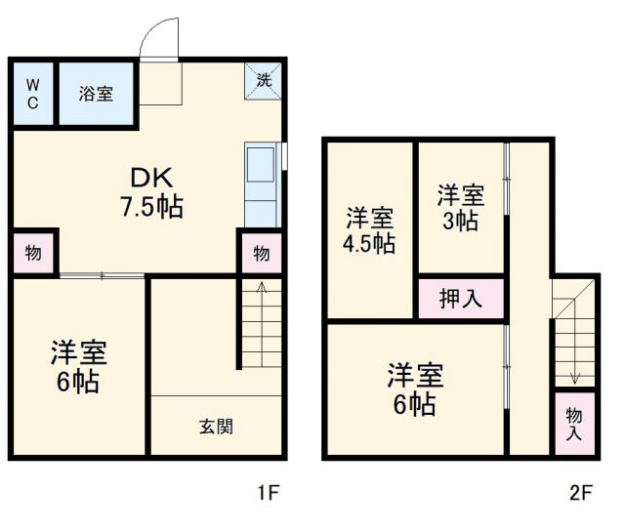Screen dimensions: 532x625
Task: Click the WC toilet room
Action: pyautogui.click(x=31, y=93)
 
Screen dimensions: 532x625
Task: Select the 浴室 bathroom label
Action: pyautogui.click(x=95, y=94)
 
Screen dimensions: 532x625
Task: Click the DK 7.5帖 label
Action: pyautogui.click(x=152, y=192)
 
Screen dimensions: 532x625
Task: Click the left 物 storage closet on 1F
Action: pyautogui.click(x=33, y=253)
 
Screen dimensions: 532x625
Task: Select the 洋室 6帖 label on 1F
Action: pyautogui.click(x=78, y=366)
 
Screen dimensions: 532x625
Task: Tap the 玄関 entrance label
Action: pyautogui.click(x=216, y=426)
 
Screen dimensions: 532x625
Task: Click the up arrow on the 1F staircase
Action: pyautogui.click(x=261, y=288)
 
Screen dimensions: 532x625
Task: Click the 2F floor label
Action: pyautogui.click(x=580, y=492)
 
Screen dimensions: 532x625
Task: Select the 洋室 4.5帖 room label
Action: pyautogui.click(x=369, y=230)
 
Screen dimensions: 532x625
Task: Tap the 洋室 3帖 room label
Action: pyautogui.click(x=459, y=208)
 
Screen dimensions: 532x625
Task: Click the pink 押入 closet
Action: pyautogui.click(x=460, y=299)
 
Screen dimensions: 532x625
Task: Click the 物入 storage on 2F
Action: pyautogui.click(x=574, y=423)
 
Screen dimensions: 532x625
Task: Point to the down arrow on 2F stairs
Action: pyautogui.click(x=574, y=377)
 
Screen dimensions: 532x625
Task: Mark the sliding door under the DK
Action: pyautogui.click(x=102, y=276)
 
